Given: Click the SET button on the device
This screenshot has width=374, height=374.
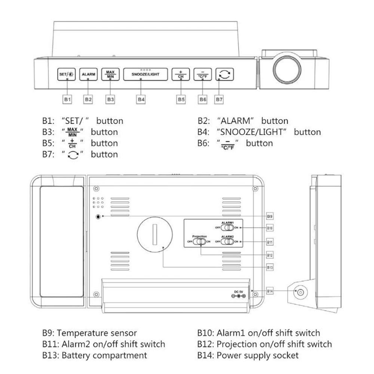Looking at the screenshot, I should tap(66, 74).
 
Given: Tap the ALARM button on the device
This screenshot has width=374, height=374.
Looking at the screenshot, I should tap(88, 74).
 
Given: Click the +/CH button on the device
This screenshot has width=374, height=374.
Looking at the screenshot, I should tap(181, 74).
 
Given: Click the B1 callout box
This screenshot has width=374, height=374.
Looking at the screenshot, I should tap(67, 99).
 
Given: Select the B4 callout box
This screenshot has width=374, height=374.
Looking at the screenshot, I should tap(141, 99).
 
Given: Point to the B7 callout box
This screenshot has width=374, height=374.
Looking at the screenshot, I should tap(219, 99).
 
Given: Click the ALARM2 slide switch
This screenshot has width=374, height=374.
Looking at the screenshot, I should tap(227, 242).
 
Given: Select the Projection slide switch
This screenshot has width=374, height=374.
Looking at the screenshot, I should tap(199, 242).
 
